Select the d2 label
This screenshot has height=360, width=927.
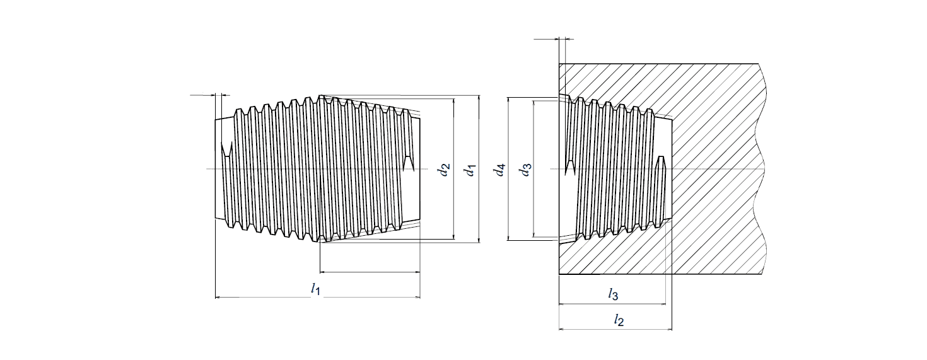click(x=446, y=170)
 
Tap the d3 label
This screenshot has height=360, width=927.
click(x=525, y=170)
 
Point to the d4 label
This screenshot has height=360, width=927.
click(x=500, y=170)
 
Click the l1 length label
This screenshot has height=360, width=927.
click(x=317, y=289)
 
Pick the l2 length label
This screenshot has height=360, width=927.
click(x=619, y=320)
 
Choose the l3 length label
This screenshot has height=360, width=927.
click(x=613, y=294)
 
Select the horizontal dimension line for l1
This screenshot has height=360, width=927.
click(x=265, y=296)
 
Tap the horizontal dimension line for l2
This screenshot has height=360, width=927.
click(x=586, y=329)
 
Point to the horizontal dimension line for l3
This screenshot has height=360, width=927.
click(x=586, y=303)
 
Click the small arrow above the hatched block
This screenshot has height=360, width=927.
click(x=546, y=39)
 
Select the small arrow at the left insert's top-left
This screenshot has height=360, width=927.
click(x=203, y=96)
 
